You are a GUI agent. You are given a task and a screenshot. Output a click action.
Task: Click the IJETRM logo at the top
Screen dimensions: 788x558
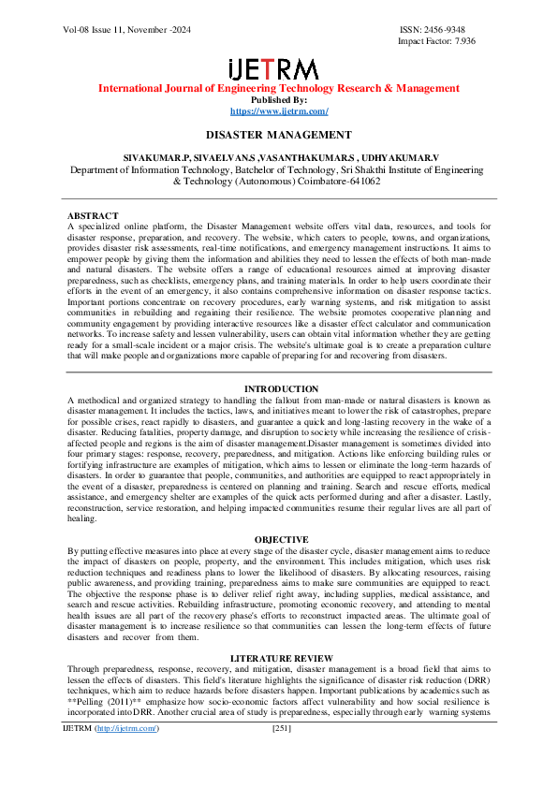pos(278,69)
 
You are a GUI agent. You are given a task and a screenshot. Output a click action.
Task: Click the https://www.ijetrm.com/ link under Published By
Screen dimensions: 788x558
pos(279,111)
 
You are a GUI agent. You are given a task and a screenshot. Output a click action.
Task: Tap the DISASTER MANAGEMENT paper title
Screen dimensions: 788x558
pos(279,136)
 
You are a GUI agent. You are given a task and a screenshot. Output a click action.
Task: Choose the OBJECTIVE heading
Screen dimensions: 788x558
pos(280,540)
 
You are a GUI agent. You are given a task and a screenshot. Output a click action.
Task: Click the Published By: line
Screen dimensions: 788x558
pos(279,100)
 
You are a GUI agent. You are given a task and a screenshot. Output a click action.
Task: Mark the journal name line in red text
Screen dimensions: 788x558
pos(279,89)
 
